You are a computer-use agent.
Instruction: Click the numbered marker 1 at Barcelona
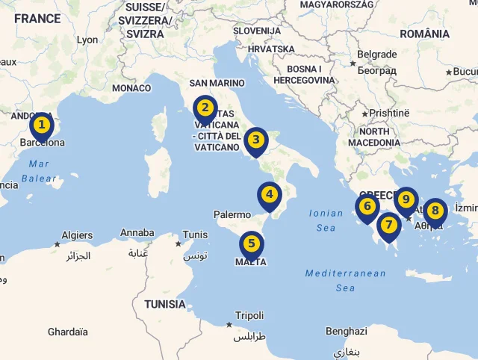(x=42, y=125)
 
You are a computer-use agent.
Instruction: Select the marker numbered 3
(x=255, y=139)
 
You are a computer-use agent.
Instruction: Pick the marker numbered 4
(x=269, y=194)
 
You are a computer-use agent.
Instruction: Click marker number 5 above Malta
(x=252, y=243)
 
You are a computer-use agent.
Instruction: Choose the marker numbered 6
(x=367, y=206)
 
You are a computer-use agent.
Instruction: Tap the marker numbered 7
(x=388, y=225)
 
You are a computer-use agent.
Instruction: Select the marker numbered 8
(x=435, y=211)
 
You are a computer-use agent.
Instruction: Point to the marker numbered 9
(x=406, y=199)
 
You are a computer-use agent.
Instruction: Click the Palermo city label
(x=232, y=214)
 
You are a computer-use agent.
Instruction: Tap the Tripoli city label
(x=249, y=316)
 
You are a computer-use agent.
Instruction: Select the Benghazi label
(x=347, y=331)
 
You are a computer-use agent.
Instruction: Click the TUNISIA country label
(x=165, y=304)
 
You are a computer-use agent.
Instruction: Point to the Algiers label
(x=77, y=235)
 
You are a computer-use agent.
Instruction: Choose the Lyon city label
(x=87, y=40)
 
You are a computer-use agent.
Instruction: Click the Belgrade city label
(x=377, y=55)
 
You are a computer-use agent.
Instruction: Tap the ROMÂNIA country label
(x=424, y=34)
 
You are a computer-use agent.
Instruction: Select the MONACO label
(x=131, y=88)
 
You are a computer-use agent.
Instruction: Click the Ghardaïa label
(x=68, y=332)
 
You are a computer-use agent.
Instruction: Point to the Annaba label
(x=137, y=233)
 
